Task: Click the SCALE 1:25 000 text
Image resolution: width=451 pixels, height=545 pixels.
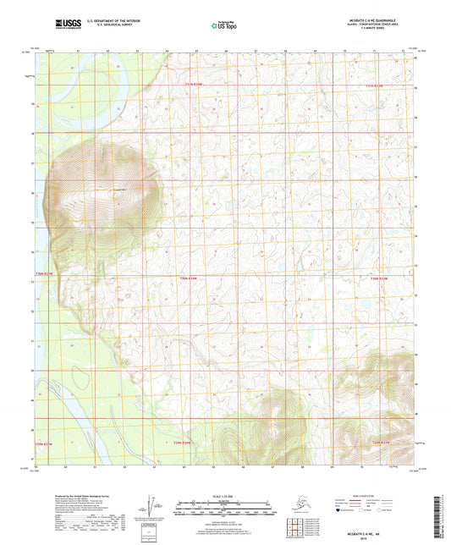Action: pyautogui.click(x=224, y=496)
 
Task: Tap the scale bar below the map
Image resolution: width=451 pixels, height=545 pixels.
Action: pyautogui.click(x=224, y=510)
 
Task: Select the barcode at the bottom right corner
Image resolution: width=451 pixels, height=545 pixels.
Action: pyautogui.click(x=443, y=519)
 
